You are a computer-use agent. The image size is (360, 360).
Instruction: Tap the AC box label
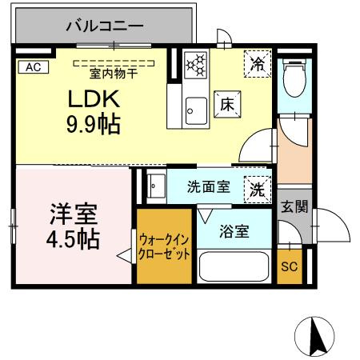click(32, 67)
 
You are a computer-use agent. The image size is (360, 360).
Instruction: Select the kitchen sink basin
click(194, 106)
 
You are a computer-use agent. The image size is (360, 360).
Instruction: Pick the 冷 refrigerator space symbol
click(257, 64)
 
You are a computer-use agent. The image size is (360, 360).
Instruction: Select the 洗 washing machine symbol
click(257, 189)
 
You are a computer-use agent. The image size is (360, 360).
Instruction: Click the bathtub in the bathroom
click(234, 266)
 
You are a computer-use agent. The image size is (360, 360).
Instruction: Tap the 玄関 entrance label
click(294, 206)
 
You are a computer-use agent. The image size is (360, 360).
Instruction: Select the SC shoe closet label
click(289, 267)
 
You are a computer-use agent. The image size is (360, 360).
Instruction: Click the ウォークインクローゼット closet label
click(164, 246)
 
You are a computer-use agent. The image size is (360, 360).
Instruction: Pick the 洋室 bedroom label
click(74, 214)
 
